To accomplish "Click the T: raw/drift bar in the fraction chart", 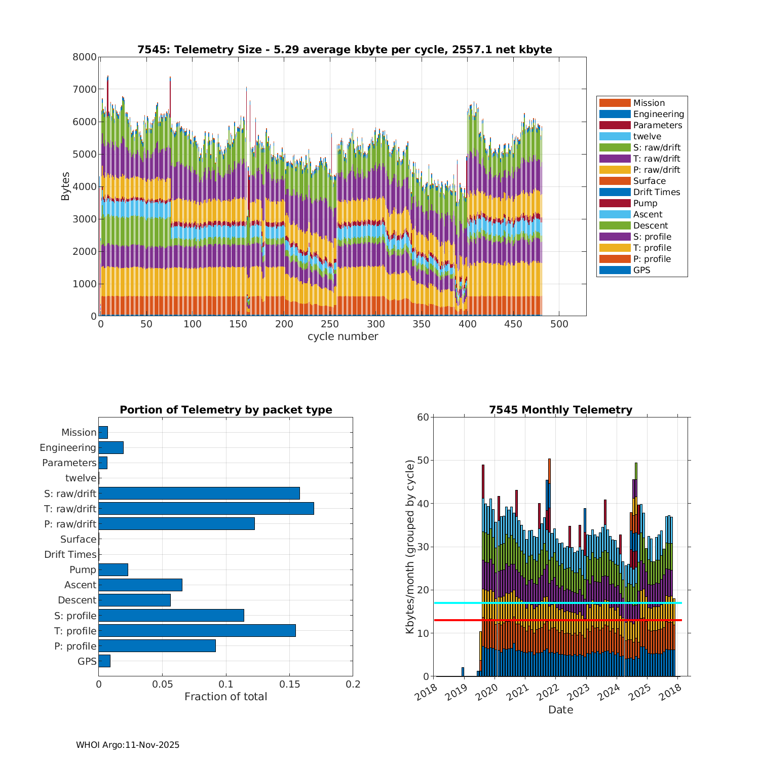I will [206, 508].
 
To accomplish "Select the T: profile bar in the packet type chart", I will [197, 630].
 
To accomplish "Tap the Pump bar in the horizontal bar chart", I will [113, 569].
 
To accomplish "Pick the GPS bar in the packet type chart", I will [104, 661].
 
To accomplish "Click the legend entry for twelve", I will [647, 136].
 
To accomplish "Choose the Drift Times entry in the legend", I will [656, 192].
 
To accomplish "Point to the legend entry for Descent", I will [650, 225].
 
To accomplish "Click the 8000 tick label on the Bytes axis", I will [85, 57].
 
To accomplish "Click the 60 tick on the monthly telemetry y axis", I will [423, 417].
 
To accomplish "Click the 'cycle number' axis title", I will [343, 336].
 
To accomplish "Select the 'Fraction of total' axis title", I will [225, 697].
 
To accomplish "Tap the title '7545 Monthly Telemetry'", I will [560, 410].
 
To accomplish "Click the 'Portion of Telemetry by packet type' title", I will [225, 410].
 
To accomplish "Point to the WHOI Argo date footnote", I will [128, 745].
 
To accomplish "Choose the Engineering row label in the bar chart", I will [68, 448].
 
